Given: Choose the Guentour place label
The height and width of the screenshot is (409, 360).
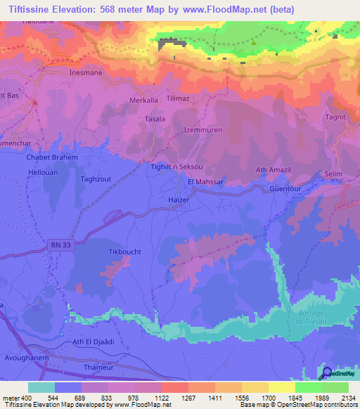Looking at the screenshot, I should pyautogui.click(x=284, y=189).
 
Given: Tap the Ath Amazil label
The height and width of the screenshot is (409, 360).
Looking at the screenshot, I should pyautogui.click(x=274, y=169).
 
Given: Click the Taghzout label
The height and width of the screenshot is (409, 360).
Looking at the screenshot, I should pyautogui.click(x=96, y=180).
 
